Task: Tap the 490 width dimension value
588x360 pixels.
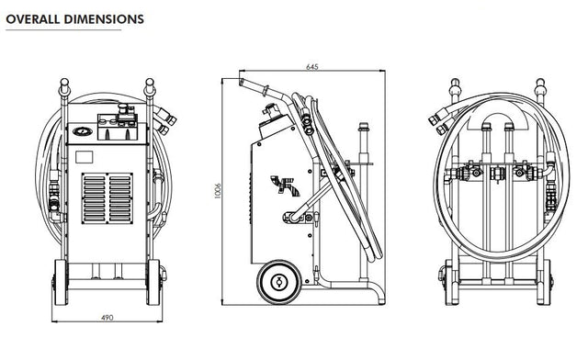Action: (107, 318)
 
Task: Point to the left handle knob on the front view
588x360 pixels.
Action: (65, 88)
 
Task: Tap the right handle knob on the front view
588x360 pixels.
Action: (148, 88)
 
